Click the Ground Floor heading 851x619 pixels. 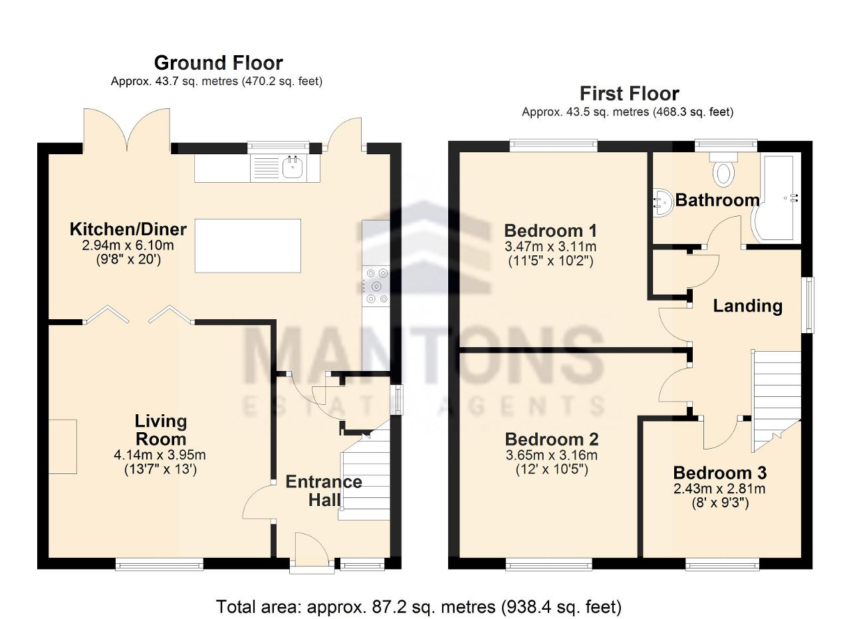[218, 63]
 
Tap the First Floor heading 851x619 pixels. [629, 94]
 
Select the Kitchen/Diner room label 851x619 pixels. [128, 229]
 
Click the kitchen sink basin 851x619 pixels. [293, 168]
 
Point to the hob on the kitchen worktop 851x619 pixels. [376, 286]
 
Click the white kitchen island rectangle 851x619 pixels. [248, 245]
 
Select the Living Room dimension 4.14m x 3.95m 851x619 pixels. [160, 455]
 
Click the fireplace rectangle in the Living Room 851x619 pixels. [62, 447]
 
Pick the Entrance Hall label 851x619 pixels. [324, 491]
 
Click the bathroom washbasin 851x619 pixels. [662, 202]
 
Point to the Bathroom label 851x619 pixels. [717, 200]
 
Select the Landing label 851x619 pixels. [748, 306]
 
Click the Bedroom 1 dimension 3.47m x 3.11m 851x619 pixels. [550, 247]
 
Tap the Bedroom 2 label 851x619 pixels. [552, 439]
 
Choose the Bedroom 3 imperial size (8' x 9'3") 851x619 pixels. [720, 503]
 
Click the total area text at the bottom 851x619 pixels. [419, 607]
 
